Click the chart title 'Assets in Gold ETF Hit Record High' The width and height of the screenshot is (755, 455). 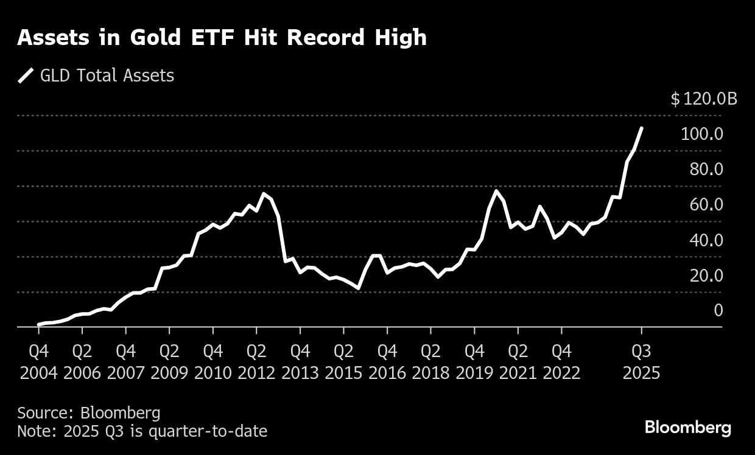pos(222,38)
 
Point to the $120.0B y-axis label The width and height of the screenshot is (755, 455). pos(703,99)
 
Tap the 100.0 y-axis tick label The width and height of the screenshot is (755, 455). pos(701,134)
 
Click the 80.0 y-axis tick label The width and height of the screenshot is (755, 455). pos(706,169)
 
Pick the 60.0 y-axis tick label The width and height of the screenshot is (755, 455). pos(706,204)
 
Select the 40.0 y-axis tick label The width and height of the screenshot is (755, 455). pos(706,240)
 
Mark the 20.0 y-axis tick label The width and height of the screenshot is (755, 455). pos(706,276)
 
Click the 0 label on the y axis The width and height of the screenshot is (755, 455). pos(718,311)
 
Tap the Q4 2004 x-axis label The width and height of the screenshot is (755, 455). pos(39,362)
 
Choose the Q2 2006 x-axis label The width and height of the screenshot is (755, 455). pos(82,362)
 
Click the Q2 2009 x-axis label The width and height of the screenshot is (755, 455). pos(169,362)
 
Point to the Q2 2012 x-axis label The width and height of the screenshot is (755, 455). pos(256,362)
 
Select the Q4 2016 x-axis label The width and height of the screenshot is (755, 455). pos(387,362)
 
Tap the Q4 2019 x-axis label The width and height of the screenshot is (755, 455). pos(474,362)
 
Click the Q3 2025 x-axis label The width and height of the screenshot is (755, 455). pos(641,362)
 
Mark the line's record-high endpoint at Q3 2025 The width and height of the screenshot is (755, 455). pos(642,128)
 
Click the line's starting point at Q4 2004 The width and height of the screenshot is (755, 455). pos(39,325)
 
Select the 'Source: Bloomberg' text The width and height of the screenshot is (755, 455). pos(89,413)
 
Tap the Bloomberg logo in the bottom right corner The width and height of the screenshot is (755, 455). pos(687,428)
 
